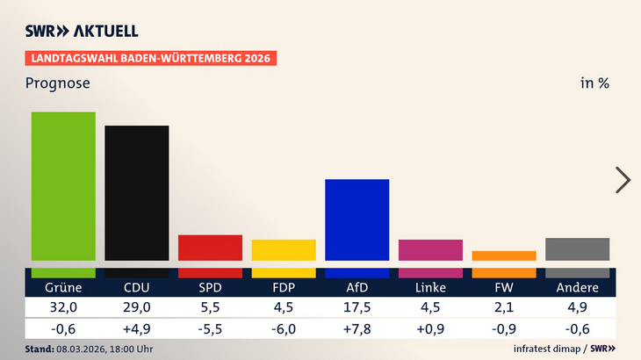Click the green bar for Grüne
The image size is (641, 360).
coord(63,186)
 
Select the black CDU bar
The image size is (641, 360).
coord(137,193)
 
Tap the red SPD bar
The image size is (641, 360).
coord(210,248)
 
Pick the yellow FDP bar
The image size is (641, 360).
coord(284,250)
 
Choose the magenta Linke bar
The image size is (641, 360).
coord(430,250)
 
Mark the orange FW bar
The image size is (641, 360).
coord(504,256)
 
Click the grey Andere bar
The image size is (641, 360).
coord(577,249)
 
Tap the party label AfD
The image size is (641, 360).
coord(357,288)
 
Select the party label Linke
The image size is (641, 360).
coord(430,288)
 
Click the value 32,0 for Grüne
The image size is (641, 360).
coord(63,307)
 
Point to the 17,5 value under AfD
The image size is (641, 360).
coord(357,307)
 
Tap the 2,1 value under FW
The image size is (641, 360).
coord(504,307)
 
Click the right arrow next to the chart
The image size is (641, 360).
coord(623,179)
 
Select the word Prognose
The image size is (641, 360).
coord(57,84)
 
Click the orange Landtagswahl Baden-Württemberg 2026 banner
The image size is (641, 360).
coord(150,59)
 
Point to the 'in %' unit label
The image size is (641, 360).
coord(594,84)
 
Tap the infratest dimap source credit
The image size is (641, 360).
coord(545,349)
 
